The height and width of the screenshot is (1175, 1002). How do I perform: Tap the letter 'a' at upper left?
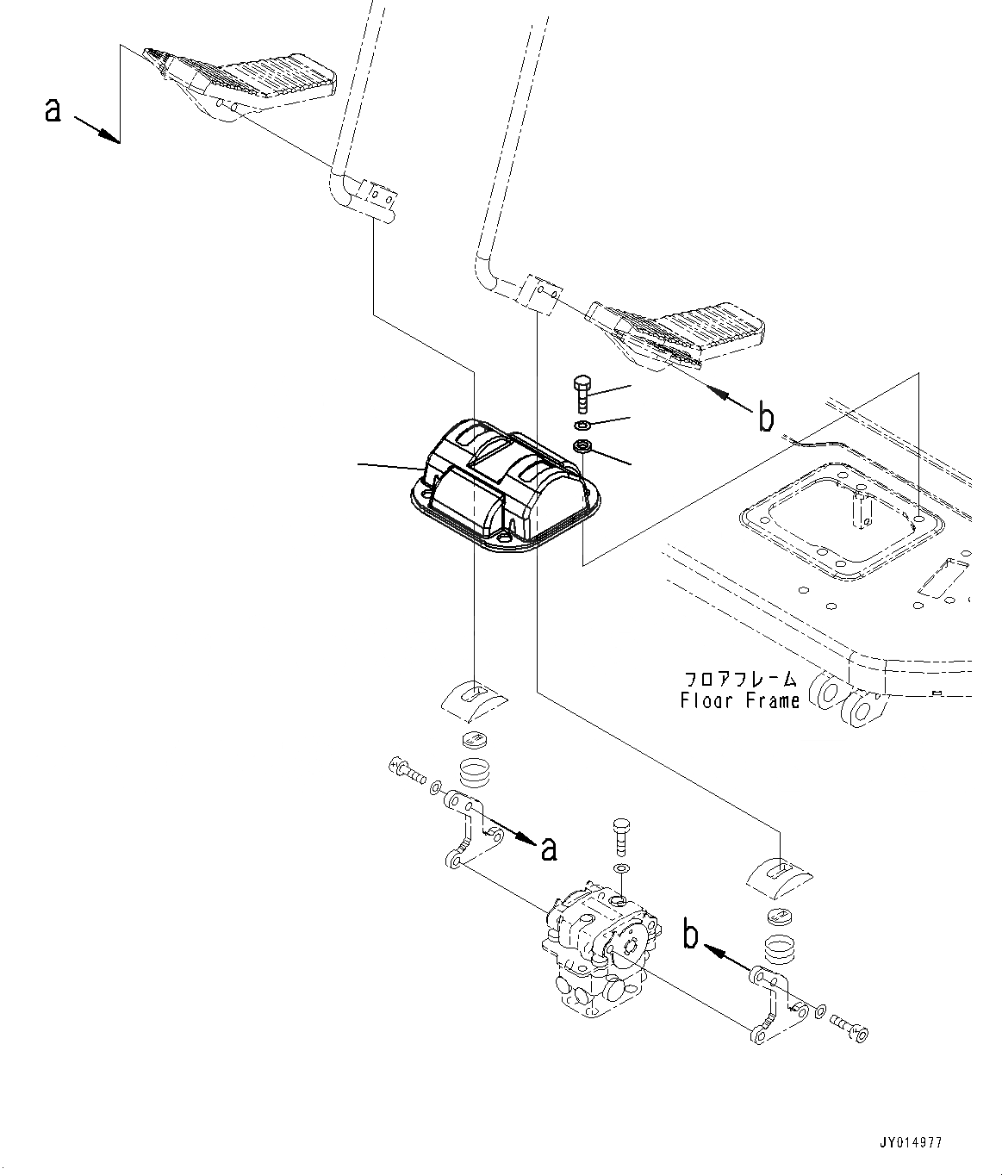(x=53, y=109)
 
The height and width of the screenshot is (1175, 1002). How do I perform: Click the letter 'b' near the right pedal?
(x=766, y=419)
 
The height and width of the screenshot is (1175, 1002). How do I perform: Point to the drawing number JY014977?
(x=912, y=1143)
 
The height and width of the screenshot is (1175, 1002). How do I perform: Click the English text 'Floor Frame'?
(x=739, y=700)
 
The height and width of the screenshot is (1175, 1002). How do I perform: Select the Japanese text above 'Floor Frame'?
(x=739, y=679)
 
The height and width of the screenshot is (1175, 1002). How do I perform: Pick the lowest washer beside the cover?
(x=582, y=446)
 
